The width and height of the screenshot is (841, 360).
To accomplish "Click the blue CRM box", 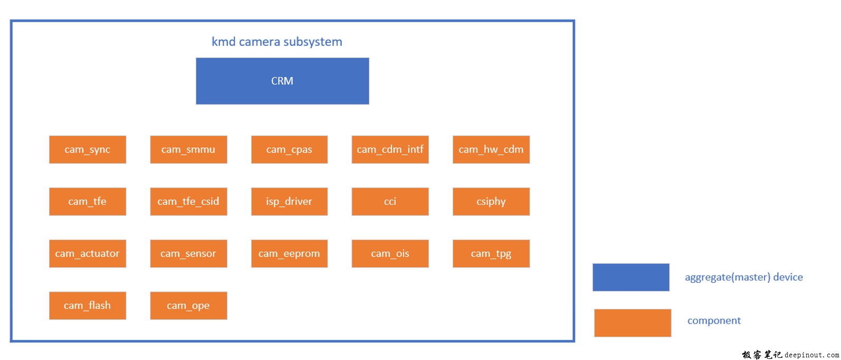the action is coord(282,81).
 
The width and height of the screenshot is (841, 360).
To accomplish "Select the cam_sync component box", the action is coord(88,149).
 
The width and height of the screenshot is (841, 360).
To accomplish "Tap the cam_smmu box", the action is coord(188,149).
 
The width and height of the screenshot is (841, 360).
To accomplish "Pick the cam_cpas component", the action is coord(290,149).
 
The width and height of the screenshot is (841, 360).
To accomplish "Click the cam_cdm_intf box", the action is coord(390,149).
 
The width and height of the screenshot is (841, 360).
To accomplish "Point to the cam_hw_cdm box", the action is coord(491,149).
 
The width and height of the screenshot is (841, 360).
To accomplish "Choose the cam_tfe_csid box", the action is coord(188,202).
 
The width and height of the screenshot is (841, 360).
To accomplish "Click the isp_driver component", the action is coord(290,202).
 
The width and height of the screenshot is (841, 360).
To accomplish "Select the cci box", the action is coord(390,202).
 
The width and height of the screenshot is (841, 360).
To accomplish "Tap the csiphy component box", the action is coord(491,202).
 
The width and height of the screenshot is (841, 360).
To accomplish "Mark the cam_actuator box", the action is coord(88,254).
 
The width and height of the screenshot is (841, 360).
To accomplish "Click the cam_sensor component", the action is coord(188,254).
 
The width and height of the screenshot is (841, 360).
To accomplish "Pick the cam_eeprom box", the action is coord(290,254).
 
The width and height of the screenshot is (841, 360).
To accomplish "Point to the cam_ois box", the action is coord(390,254).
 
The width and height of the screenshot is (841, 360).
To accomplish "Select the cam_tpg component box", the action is coord(491,254).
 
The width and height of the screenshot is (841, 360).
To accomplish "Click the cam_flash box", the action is coord(88,306).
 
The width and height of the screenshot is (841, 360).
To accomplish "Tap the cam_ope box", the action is coord(188,306).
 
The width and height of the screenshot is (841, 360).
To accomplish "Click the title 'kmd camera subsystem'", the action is coord(277,42).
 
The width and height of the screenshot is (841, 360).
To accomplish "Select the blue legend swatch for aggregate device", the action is coord(631,277).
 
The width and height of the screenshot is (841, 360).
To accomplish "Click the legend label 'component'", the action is coord(714,321).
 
